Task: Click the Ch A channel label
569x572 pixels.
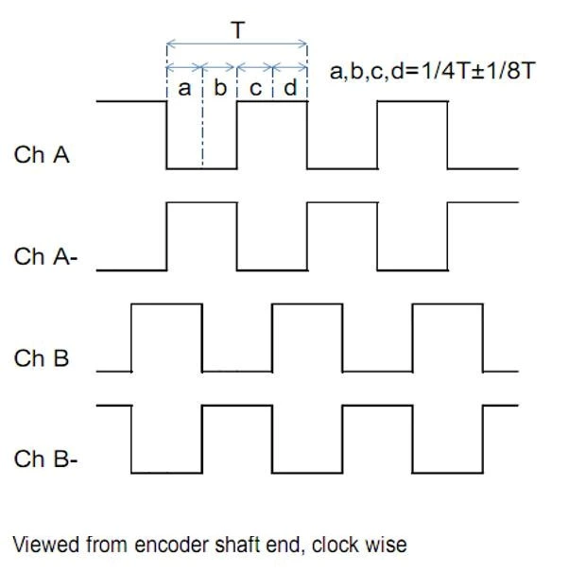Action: click(42, 155)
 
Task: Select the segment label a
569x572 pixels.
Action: click(183, 89)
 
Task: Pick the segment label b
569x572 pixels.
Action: click(219, 89)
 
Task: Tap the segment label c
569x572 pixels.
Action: click(254, 89)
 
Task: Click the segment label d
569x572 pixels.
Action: click(289, 89)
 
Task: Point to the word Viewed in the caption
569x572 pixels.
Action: click(43, 543)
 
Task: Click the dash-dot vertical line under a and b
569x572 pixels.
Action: click(201, 132)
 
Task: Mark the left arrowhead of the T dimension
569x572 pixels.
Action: click(170, 43)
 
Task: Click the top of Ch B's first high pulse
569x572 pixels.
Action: click(166, 304)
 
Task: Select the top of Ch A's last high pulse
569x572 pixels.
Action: click(412, 101)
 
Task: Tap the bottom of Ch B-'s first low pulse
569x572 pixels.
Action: click(166, 472)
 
